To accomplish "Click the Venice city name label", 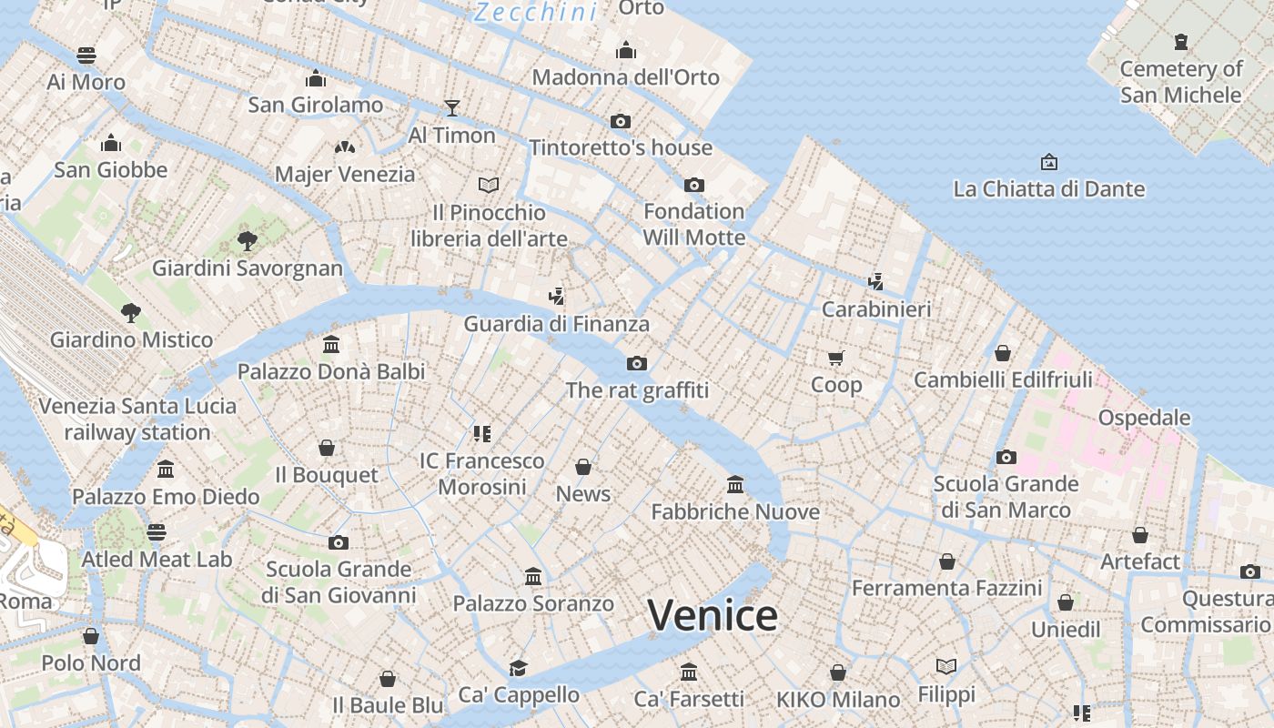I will (713, 616).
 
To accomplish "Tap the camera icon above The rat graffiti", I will (637, 364).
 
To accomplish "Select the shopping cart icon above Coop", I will (836, 358).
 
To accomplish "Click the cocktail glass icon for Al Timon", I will (452, 108).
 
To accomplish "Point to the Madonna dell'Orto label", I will (625, 77).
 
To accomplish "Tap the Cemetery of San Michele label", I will (1180, 82).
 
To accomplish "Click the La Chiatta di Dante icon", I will (1049, 162).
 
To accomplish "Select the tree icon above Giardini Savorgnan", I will (247, 240).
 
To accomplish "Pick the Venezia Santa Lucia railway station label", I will (137, 419).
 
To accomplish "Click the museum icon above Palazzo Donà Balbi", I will (331, 345).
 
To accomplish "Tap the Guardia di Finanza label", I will (557, 324).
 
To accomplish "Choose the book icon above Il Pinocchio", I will (489, 185).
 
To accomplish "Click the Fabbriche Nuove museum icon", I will (735, 485).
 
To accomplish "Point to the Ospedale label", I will (1144, 418).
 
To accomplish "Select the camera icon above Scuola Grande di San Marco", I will (1006, 457).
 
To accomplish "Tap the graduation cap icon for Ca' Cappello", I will (519, 668).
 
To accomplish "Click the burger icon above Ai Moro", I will (86, 56).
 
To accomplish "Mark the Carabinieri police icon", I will (876, 282).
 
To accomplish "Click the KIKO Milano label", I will (838, 700).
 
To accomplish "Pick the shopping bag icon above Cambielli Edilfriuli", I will (1003, 353).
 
